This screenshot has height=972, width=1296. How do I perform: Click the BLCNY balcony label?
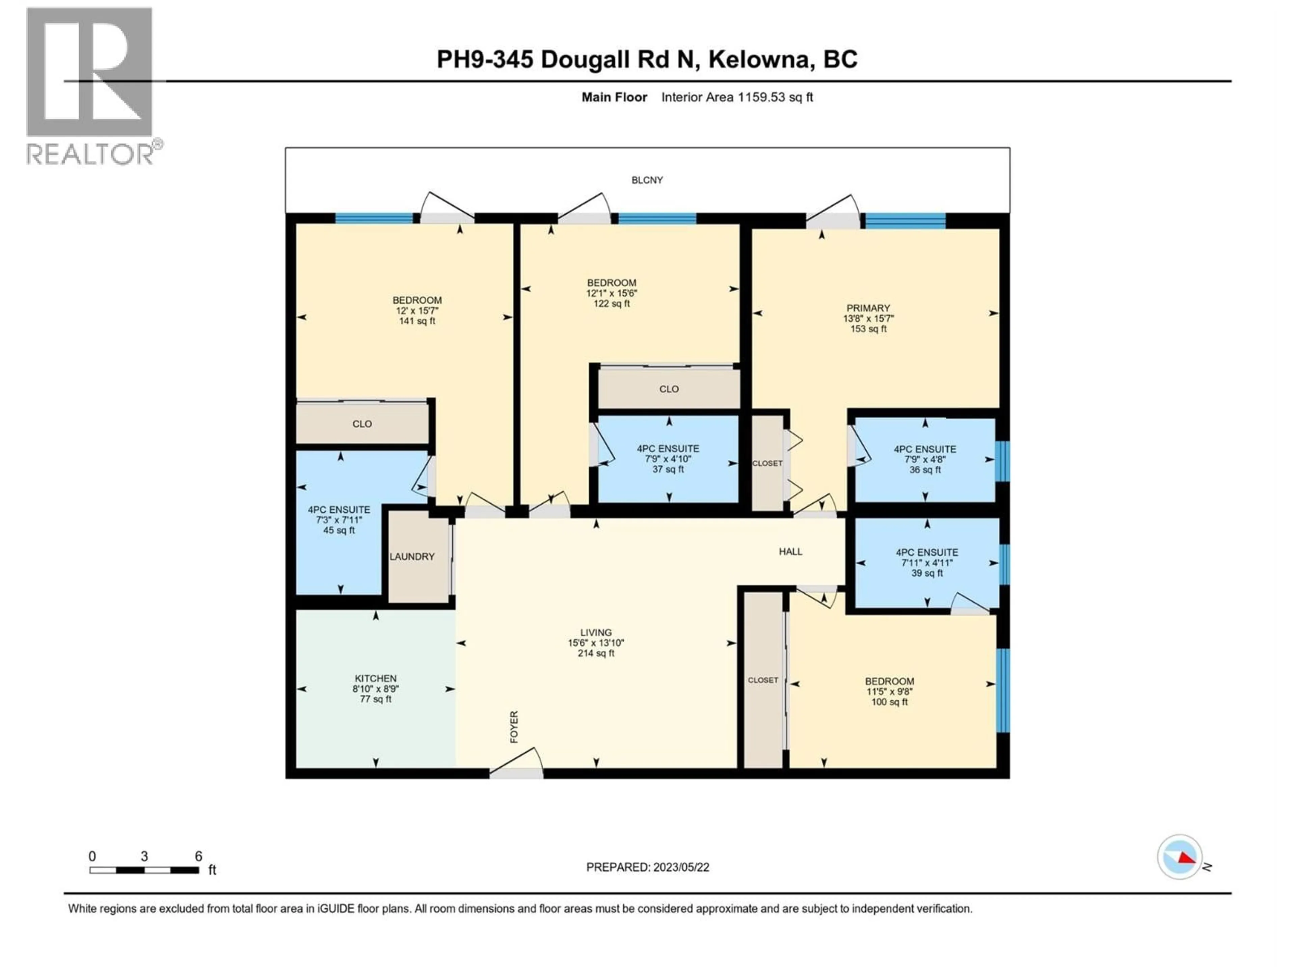(647, 181)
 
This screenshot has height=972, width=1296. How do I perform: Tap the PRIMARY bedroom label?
(868, 308)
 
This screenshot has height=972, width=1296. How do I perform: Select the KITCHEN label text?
(376, 678)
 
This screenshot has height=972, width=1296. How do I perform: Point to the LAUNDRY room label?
(412, 557)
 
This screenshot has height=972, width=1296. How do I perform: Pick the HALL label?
(790, 551)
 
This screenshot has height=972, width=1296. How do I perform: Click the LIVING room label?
(596, 633)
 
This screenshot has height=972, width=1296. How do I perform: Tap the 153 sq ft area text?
(868, 329)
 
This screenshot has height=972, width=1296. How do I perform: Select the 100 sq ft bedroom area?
(889, 702)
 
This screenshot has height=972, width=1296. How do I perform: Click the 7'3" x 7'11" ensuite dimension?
(339, 520)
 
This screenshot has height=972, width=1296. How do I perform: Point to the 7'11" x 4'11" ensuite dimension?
(927, 563)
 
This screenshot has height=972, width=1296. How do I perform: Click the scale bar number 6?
(198, 857)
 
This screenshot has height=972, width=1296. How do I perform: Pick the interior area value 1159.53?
(760, 97)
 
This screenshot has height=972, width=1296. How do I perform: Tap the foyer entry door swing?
(517, 762)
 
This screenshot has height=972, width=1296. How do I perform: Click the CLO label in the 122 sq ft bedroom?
(669, 389)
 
